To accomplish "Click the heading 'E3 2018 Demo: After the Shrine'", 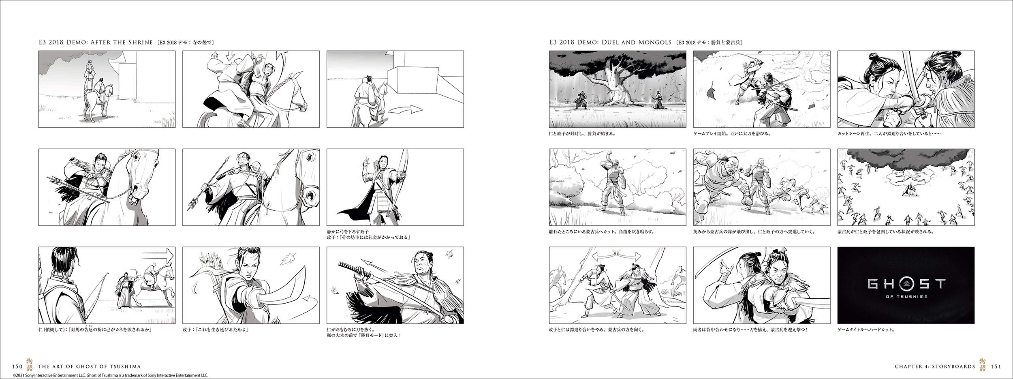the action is click(x=96, y=43).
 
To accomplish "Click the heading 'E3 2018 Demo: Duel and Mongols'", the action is click(x=610, y=43).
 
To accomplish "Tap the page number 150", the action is click(x=17, y=367).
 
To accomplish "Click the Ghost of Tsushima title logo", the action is click(x=906, y=287).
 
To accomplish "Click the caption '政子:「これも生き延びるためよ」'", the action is click(x=216, y=330).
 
